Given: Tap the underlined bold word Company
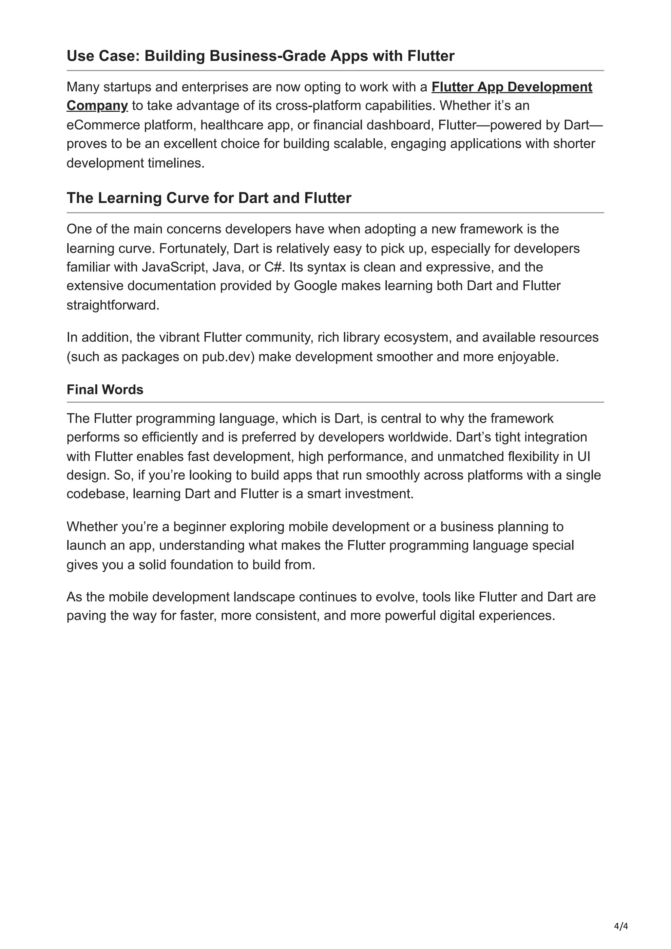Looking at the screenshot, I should point(97,106).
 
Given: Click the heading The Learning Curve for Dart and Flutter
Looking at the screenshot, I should point(209,198).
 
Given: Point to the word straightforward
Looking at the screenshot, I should point(112,306).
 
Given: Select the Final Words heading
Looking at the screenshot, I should point(105,390).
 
